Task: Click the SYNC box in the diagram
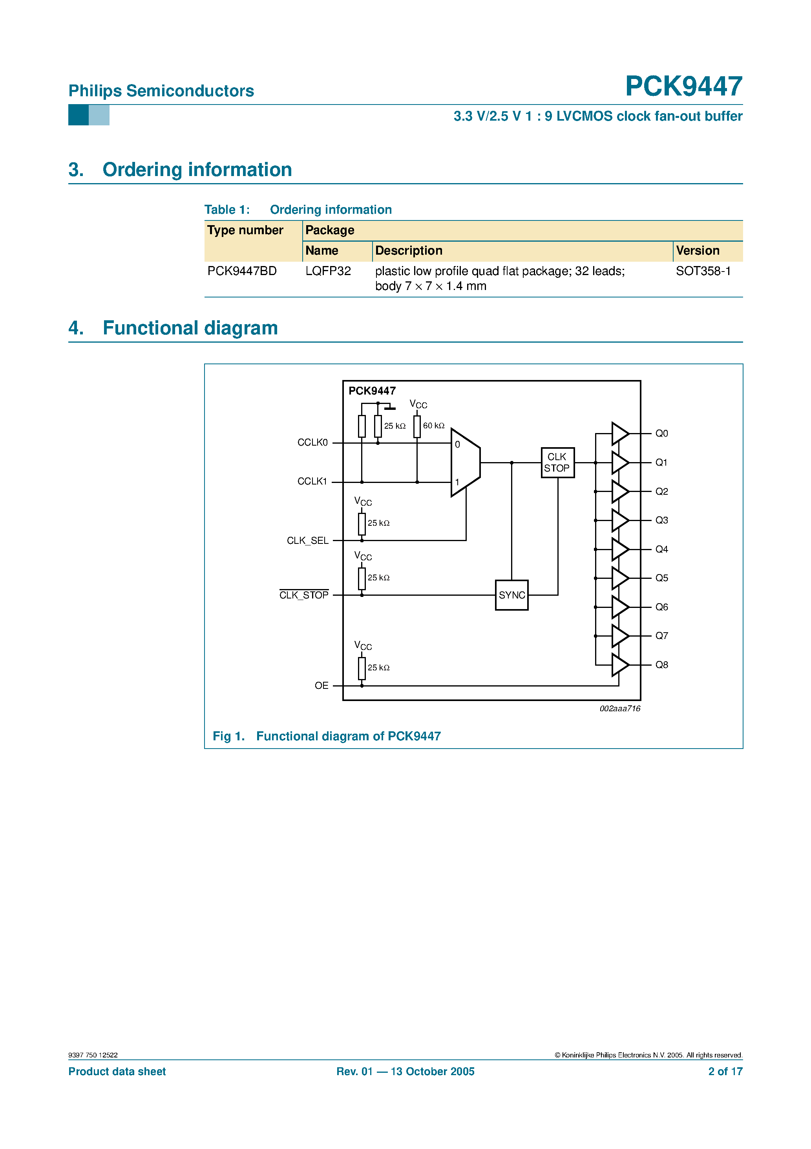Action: tap(511, 595)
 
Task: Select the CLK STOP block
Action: tap(557, 463)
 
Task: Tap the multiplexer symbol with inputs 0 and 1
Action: tap(465, 463)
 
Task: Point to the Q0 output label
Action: tap(661, 433)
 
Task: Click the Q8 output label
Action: tap(661, 664)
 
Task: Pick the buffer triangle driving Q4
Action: tap(619, 549)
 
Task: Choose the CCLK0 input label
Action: tap(312, 442)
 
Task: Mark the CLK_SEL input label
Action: tap(307, 540)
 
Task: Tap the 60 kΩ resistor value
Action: tap(433, 425)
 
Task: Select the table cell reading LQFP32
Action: tap(328, 271)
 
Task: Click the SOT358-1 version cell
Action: tap(703, 271)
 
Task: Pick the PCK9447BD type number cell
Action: tap(242, 271)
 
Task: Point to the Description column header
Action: tap(409, 251)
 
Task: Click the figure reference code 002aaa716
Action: tap(619, 708)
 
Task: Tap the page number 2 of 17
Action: tap(725, 1072)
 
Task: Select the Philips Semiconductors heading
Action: tap(161, 91)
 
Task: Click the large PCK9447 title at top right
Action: tap(683, 86)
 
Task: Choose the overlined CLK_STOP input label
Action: tap(303, 595)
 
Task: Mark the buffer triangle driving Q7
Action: tap(619, 635)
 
